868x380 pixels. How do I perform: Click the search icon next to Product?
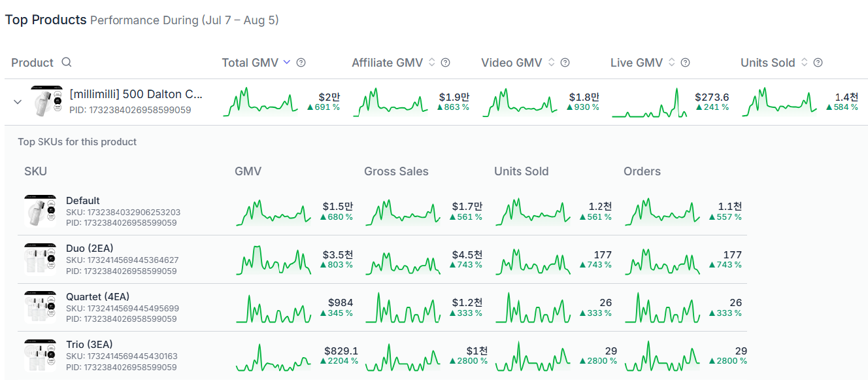click(x=67, y=62)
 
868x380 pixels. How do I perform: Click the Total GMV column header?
click(x=250, y=63)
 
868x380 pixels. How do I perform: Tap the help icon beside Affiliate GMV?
click(x=445, y=62)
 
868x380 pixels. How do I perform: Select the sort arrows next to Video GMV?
click(x=552, y=62)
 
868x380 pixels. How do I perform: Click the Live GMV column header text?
click(x=636, y=63)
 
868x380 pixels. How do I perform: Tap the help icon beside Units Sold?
click(x=818, y=62)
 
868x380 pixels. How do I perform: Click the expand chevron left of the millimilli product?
click(x=18, y=102)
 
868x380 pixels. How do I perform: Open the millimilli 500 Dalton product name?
click(x=136, y=94)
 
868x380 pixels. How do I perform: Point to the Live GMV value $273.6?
click(x=712, y=97)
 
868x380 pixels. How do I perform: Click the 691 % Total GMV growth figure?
click(x=324, y=107)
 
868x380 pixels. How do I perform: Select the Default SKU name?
click(x=82, y=201)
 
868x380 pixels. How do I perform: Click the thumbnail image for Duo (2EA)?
click(x=41, y=258)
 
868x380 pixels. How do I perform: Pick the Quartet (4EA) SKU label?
click(x=97, y=297)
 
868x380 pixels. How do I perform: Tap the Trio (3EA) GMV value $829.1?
click(x=341, y=351)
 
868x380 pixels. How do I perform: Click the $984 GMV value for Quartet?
click(x=341, y=302)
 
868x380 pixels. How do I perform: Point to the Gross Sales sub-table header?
click(x=396, y=171)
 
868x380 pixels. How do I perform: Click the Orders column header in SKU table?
click(x=642, y=171)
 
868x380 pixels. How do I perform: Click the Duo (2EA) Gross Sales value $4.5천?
click(x=467, y=255)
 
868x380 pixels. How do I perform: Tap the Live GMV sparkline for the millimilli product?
click(x=650, y=103)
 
